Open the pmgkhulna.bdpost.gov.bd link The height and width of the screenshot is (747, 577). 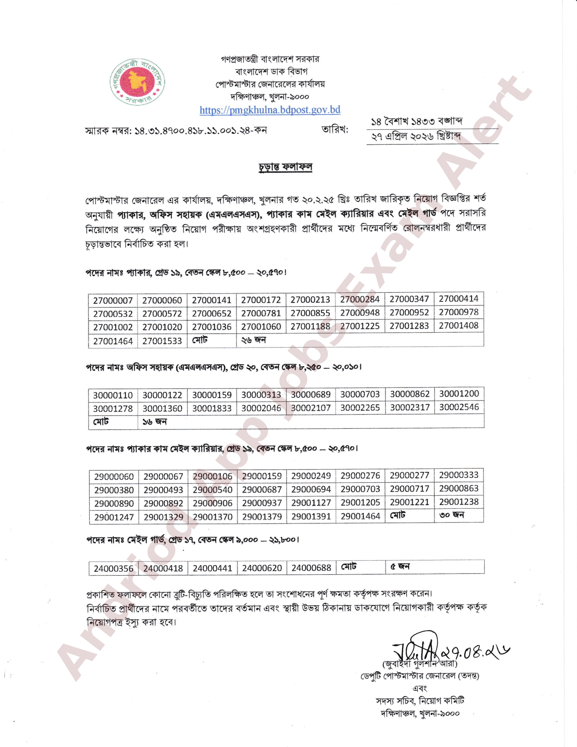pos(270,110)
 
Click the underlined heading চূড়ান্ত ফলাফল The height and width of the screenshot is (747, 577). pos(285,167)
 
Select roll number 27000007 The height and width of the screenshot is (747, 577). pos(113,301)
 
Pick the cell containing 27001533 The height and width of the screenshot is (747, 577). pos(162,341)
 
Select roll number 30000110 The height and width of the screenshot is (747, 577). pos(113,395)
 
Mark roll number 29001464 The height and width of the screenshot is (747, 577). pos(360,516)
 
